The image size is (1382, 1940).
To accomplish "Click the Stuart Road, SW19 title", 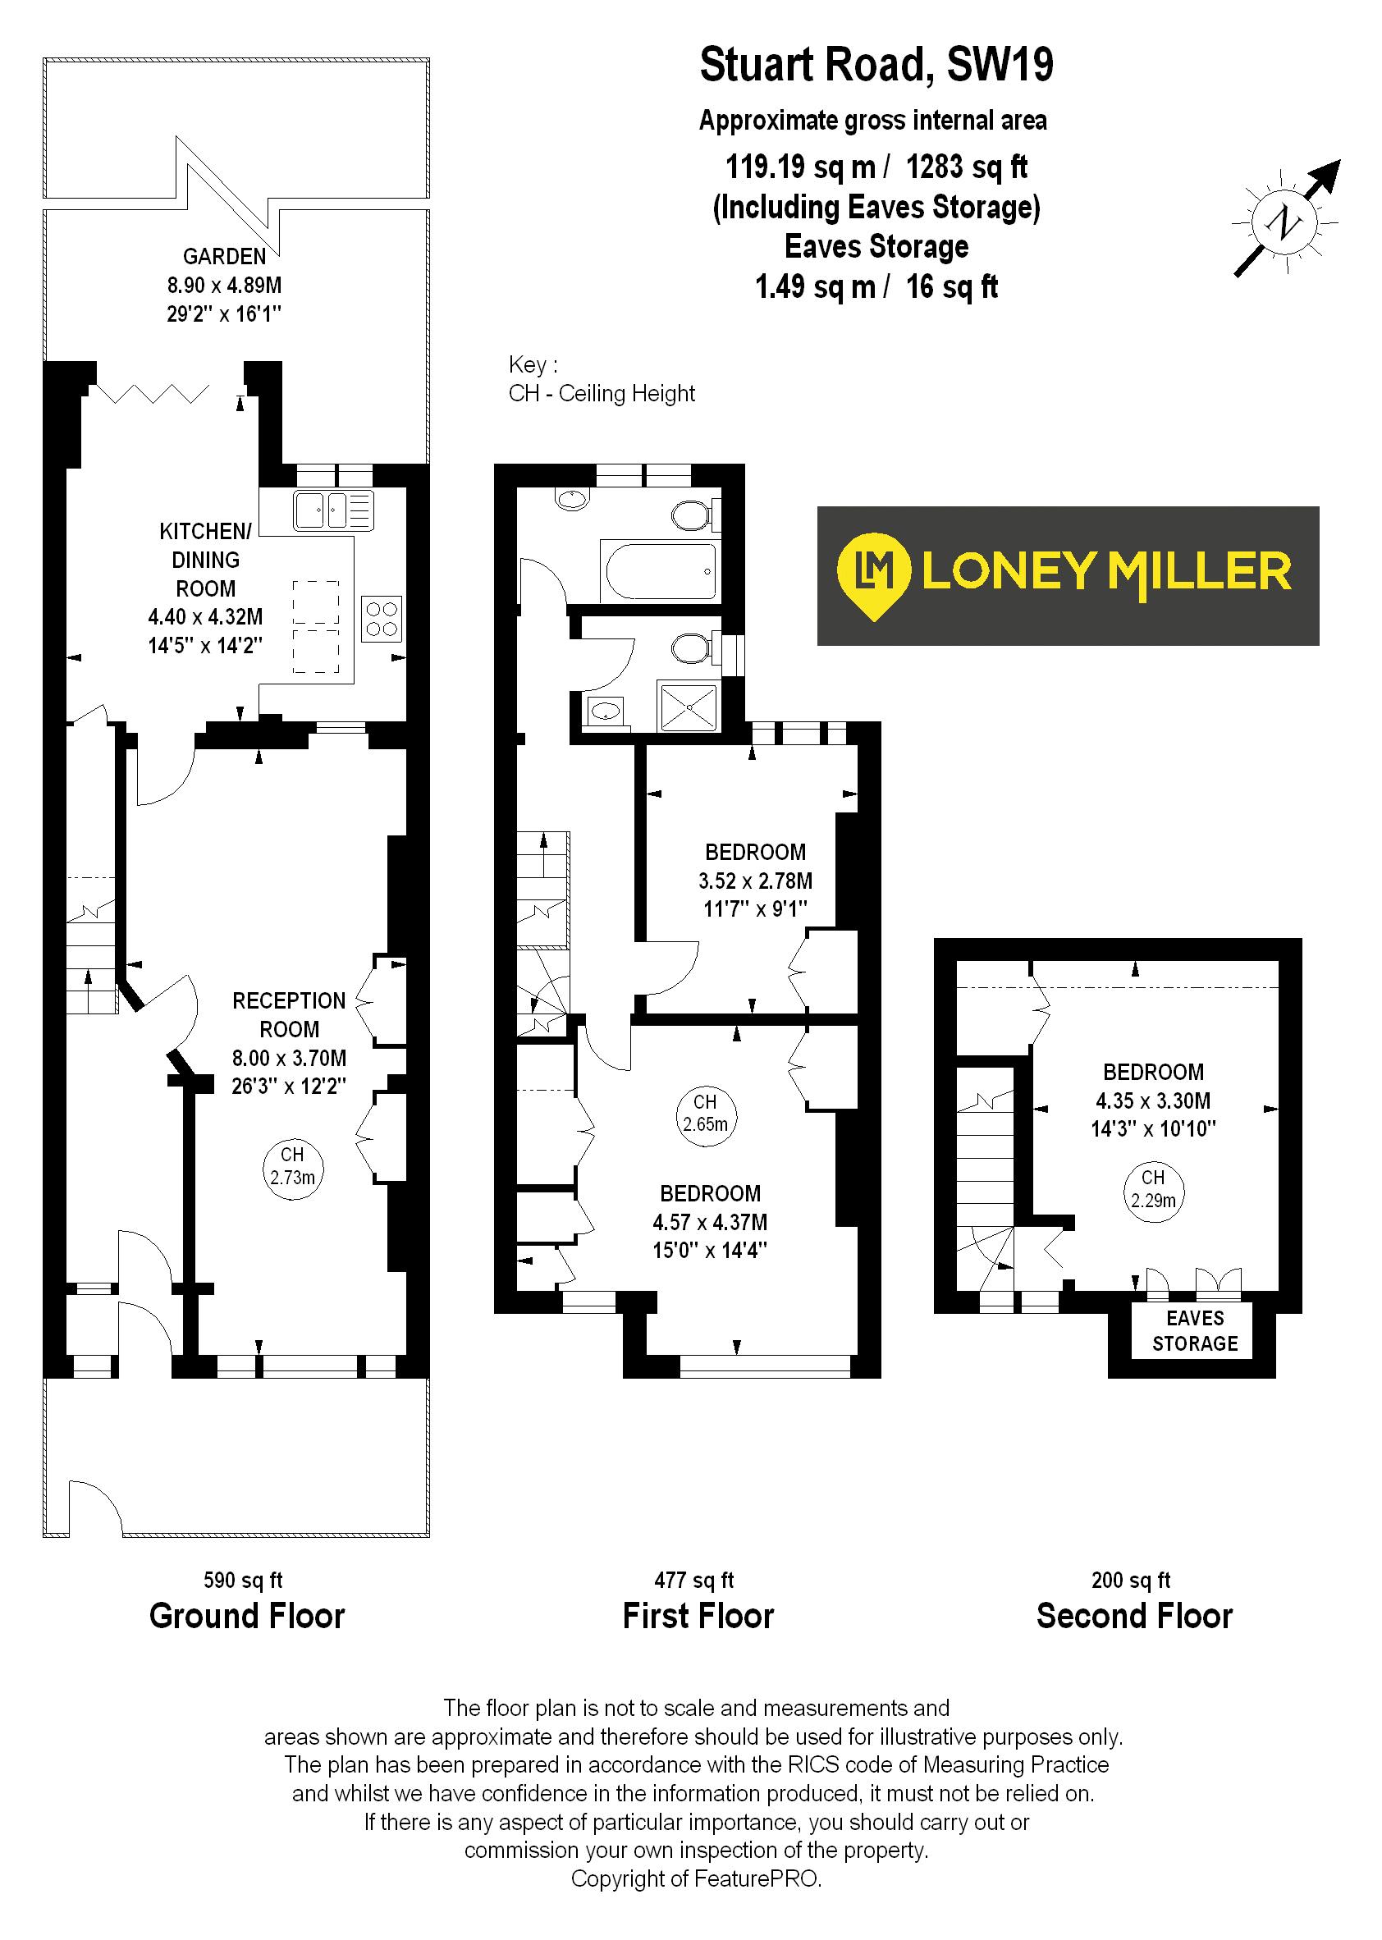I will pos(876,66).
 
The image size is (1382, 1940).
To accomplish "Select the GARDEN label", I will pos(225,256).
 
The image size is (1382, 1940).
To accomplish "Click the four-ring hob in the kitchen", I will pos(382,619).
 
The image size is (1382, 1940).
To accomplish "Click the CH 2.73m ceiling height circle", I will pos(292,1168).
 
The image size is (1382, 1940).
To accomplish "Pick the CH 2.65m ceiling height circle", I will pos(706,1114).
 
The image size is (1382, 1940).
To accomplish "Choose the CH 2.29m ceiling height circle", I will pos(1153,1190).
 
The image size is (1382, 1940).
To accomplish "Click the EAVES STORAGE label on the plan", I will pos(1195,1331).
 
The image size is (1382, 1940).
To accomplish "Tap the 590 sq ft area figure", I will pos(244,1580).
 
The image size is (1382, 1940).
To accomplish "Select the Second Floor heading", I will pos(1133,1616).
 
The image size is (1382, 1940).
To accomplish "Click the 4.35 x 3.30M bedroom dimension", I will pos(1153,1100).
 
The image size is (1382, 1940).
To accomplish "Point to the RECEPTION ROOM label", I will pos(290,1014).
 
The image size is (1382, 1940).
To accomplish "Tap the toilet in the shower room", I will pos(690,650).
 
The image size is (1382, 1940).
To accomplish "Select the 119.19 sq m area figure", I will pos(800,167).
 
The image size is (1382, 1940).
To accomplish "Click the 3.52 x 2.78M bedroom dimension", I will pos(755,881).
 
